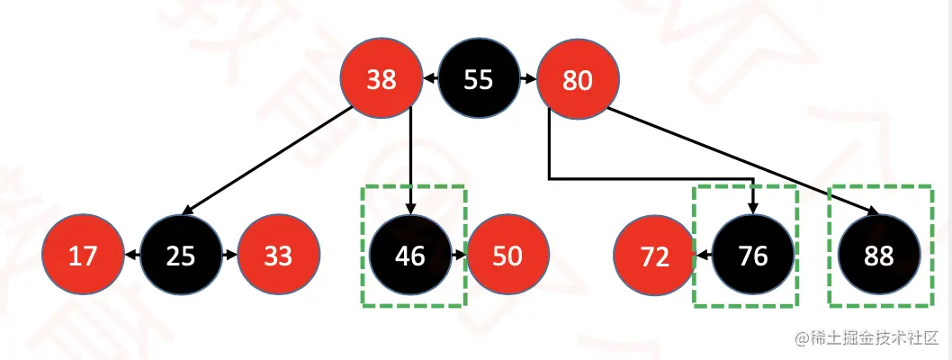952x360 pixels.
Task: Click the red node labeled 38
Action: [382, 80]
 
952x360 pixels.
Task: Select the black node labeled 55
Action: [479, 80]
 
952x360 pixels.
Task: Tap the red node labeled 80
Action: [577, 80]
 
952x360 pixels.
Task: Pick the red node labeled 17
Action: [83, 256]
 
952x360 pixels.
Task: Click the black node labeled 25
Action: [181, 256]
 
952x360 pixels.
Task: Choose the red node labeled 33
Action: [278, 256]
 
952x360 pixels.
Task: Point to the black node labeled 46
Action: [410, 256]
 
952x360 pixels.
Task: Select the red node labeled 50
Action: [507, 256]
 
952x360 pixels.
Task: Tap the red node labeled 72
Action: [655, 256]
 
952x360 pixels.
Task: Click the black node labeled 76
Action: [752, 256]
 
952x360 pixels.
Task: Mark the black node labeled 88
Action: [878, 256]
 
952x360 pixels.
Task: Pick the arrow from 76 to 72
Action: [704, 256]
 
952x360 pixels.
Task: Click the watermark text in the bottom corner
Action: [865, 337]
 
